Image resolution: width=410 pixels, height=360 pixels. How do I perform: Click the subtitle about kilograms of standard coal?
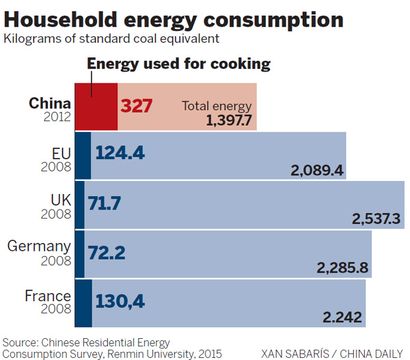coord(111,38)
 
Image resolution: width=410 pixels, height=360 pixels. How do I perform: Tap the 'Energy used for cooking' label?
coord(179,64)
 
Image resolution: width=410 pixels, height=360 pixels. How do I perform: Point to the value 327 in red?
coord(137,107)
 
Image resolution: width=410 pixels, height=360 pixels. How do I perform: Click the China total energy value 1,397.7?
coord(229,121)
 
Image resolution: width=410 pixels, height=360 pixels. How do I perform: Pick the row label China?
coord(50,103)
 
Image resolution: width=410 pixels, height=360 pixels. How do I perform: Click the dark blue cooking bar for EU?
coord(83,155)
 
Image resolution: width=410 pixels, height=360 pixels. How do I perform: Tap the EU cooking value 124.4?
coord(120,153)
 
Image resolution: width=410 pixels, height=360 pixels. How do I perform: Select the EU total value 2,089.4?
coord(316,170)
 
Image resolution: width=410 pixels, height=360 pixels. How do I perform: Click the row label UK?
coord(60,200)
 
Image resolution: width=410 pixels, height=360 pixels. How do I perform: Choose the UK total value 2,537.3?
coord(376,219)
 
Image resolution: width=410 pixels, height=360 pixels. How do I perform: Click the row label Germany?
coord(39,246)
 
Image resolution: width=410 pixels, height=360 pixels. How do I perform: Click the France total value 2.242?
coord(342,318)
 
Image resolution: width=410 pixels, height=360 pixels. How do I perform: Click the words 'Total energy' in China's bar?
coord(217,106)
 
